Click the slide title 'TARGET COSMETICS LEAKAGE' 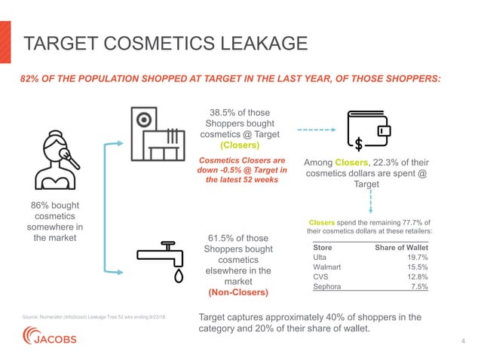point(165,44)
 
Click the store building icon point(158,136)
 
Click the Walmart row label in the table point(328,267)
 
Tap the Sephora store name point(329,286)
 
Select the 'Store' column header point(323,246)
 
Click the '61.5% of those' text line point(238,239)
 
